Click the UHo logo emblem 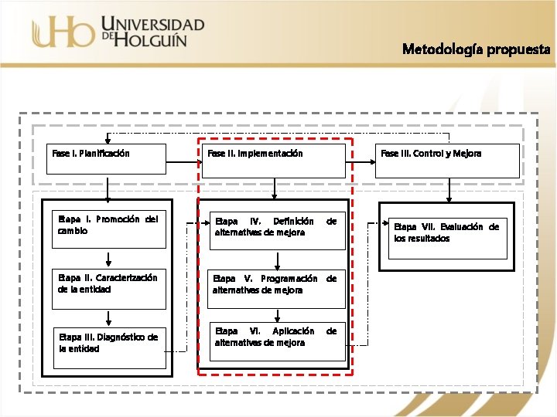tap(62, 32)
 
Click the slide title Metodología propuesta tap(476, 49)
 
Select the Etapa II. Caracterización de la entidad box tap(109, 284)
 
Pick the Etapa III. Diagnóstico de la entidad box tap(109, 343)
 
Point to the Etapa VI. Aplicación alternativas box tap(276, 341)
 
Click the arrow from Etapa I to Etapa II tap(109, 258)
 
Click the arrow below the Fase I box tap(109, 189)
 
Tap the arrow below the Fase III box tap(447, 189)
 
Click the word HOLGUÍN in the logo tap(152, 38)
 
